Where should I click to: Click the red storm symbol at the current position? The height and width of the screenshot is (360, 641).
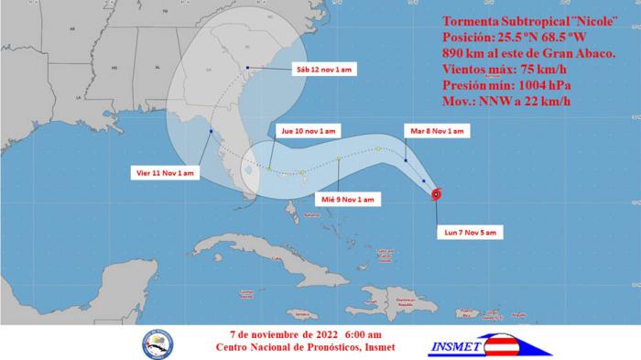[x=436, y=193]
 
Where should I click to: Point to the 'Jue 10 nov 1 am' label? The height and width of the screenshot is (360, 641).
[x=310, y=131]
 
